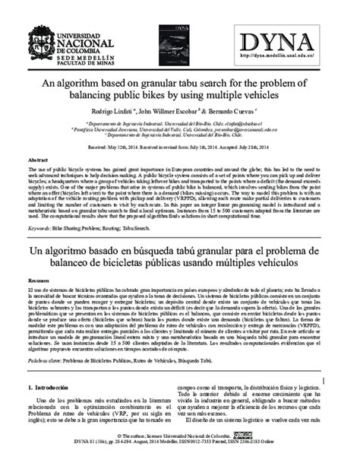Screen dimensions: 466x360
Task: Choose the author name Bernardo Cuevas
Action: point(244,111)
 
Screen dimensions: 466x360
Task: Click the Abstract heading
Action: point(38,161)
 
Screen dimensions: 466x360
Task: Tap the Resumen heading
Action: point(40,281)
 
